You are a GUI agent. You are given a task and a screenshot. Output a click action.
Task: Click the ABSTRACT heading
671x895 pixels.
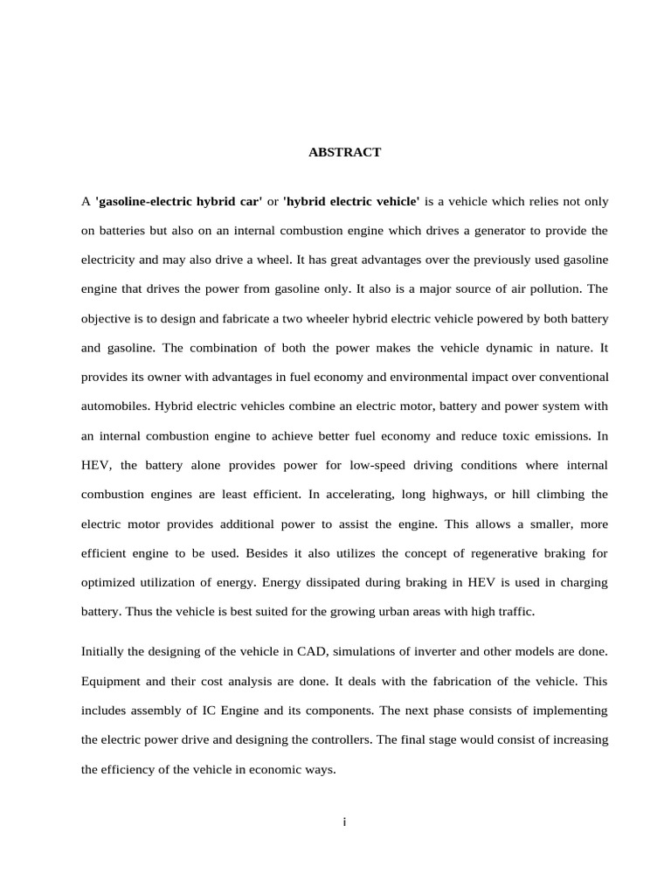click(x=344, y=152)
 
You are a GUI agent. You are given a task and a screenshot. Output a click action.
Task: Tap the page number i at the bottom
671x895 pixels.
click(x=345, y=822)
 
